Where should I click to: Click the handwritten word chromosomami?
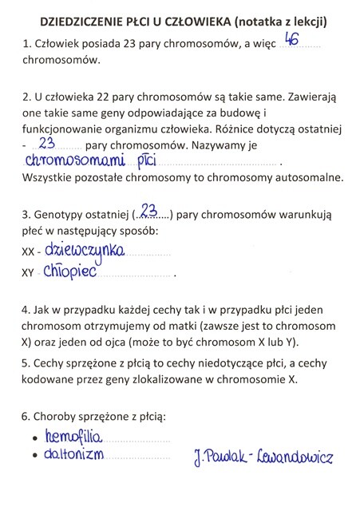78,160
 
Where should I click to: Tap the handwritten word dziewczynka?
85,250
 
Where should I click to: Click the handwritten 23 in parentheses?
148,212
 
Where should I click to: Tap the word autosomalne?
305,178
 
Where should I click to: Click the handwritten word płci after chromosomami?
147,161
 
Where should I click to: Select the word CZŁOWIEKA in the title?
190,19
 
